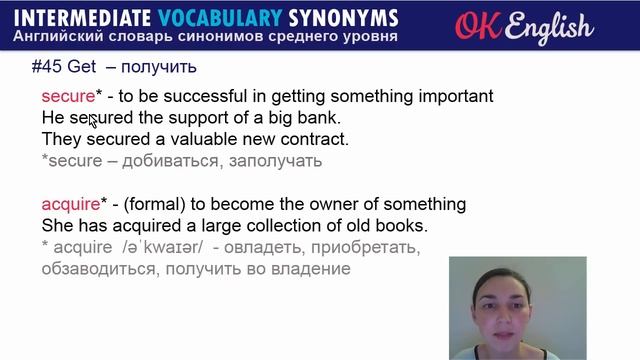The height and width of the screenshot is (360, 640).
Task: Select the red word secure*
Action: (x=67, y=97)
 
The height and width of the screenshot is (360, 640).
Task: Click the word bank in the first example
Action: (x=320, y=118)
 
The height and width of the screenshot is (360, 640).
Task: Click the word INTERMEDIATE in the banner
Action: (x=87, y=17)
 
